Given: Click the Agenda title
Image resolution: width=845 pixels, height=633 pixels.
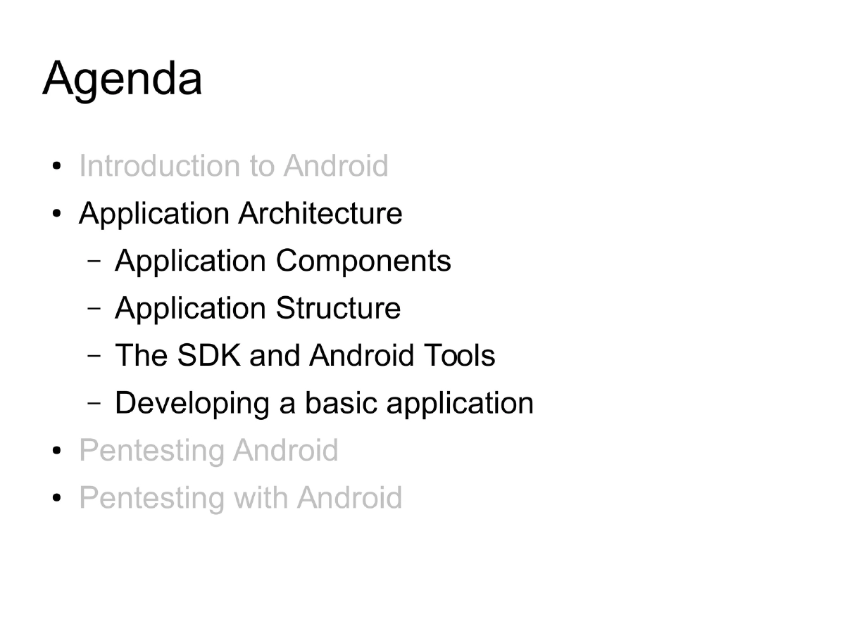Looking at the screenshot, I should point(123,79).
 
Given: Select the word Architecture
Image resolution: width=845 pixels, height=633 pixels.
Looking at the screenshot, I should point(320,214).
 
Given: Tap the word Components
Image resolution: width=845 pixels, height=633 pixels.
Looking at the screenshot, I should point(363,261).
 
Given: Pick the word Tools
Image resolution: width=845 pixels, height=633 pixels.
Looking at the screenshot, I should point(459,355).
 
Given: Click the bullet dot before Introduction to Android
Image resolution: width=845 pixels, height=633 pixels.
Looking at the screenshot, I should point(57,167).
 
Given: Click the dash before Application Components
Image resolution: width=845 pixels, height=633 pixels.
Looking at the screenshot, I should point(94,262).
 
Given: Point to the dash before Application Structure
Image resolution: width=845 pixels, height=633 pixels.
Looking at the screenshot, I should point(94,309).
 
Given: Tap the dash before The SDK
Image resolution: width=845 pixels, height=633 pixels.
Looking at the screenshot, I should point(94,356).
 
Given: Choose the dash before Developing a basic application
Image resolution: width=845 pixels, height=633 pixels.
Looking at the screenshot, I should point(94,404).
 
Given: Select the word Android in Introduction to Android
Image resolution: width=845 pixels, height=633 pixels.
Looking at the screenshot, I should point(336,167).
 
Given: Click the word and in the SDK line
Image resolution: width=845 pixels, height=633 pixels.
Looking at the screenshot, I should point(275,355).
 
